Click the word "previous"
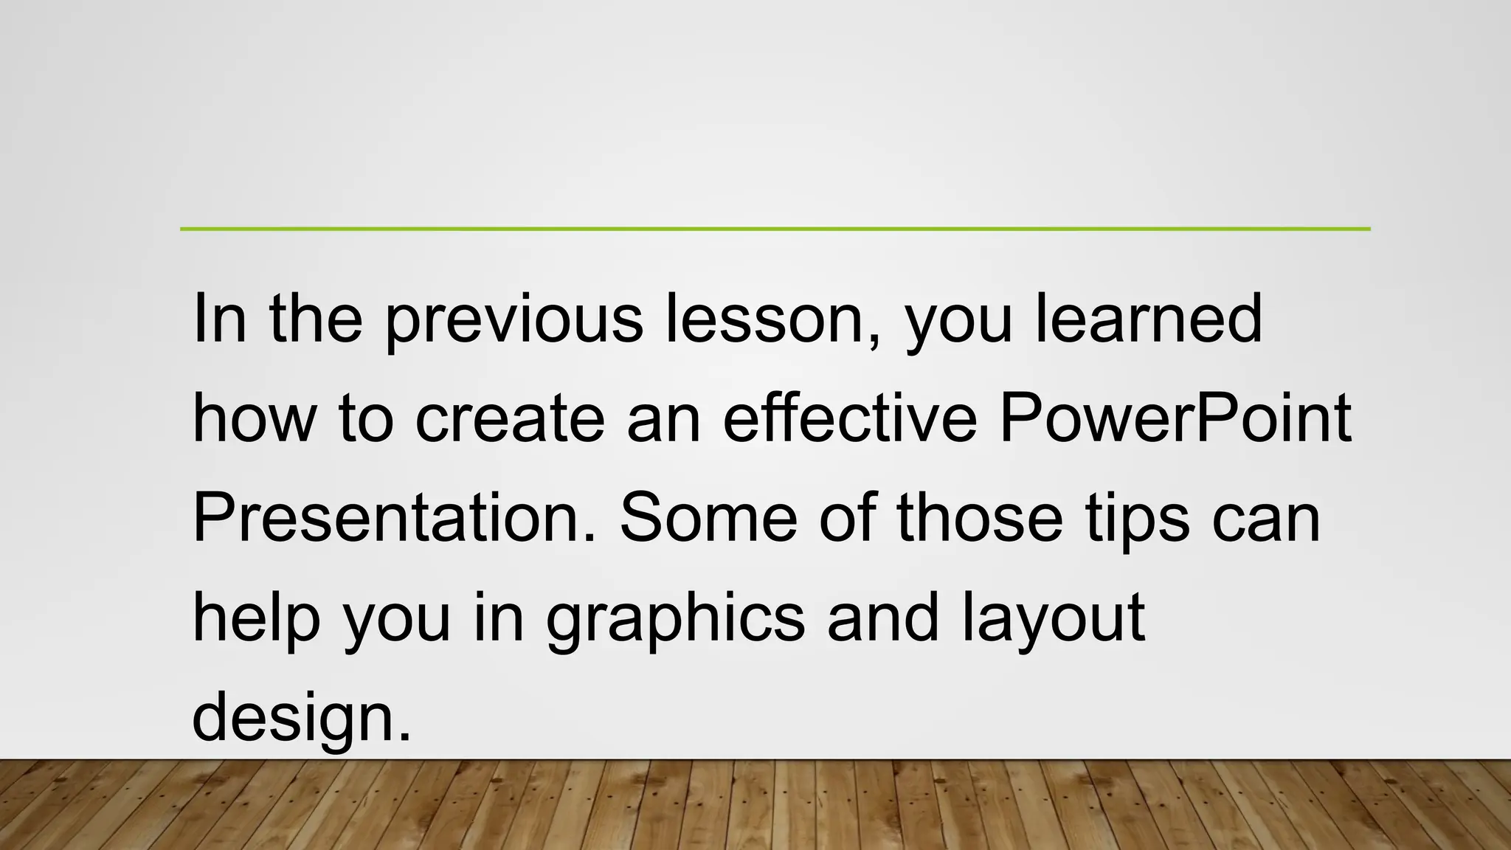coord(514,319)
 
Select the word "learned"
coord(1149,319)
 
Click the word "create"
coord(510,418)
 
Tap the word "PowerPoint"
coord(1175,418)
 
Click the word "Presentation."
coord(394,518)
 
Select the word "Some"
coord(708,518)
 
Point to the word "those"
coord(980,518)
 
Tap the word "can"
coord(1266,518)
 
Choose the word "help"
coord(256,618)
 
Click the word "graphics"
coord(675,618)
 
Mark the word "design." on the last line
coord(301,717)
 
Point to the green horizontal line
coord(775,229)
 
